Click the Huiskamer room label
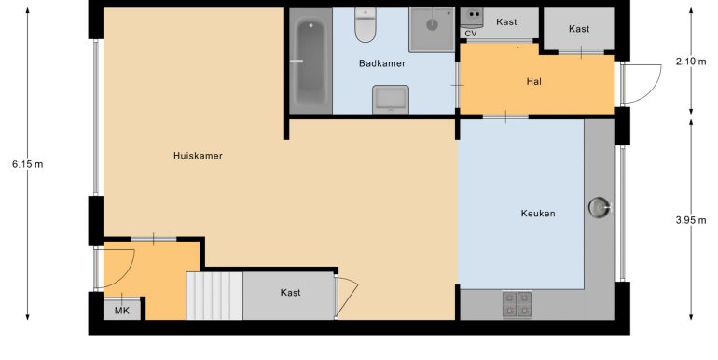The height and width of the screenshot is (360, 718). click(x=198, y=156)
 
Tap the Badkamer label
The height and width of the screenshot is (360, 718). click(x=382, y=63)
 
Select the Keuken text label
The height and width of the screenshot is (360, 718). click(x=538, y=214)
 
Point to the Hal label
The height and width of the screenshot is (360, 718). click(x=534, y=82)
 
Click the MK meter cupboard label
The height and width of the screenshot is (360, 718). click(x=122, y=311)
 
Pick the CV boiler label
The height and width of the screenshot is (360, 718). click(x=471, y=34)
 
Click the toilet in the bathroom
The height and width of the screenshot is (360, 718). click(x=366, y=25)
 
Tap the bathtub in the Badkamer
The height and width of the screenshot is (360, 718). click(x=311, y=61)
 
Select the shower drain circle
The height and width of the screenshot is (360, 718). click(x=432, y=25)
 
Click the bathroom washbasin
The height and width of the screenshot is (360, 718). click(x=391, y=99)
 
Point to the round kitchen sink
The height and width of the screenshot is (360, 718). click(x=599, y=207)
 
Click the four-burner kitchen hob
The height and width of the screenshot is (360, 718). click(x=517, y=305)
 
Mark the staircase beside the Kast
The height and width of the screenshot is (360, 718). click(x=214, y=296)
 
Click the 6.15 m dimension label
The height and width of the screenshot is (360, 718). click(x=27, y=164)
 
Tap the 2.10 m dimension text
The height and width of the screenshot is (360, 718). click(x=691, y=62)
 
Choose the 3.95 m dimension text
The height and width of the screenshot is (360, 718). click(x=691, y=220)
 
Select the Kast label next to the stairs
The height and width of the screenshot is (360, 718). click(x=290, y=293)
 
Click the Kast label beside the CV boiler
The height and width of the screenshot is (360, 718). click(x=506, y=22)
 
